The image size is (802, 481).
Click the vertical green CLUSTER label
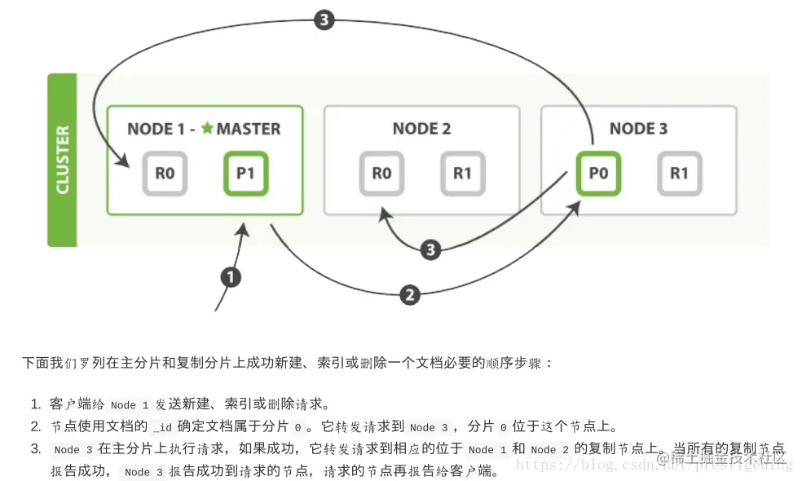(x=62, y=160)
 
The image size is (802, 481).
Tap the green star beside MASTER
(x=207, y=128)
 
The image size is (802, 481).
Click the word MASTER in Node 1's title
(x=248, y=128)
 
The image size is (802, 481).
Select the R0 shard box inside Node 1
(x=165, y=173)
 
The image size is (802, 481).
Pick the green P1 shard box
(x=245, y=173)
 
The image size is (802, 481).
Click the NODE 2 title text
(x=421, y=128)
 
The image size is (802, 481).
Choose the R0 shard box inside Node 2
(x=381, y=173)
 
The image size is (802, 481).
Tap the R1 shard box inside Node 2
(x=462, y=173)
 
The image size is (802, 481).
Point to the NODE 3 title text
(x=638, y=128)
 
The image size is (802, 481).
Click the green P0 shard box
(x=598, y=173)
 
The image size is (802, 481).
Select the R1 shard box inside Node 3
(x=679, y=173)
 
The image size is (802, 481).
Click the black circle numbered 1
(x=231, y=277)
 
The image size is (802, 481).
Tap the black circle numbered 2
(x=411, y=294)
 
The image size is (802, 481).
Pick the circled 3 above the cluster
(x=324, y=20)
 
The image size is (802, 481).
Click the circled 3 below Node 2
(x=431, y=249)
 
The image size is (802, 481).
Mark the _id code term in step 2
(x=162, y=427)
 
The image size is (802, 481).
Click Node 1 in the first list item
(x=130, y=405)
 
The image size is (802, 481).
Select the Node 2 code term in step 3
(x=549, y=449)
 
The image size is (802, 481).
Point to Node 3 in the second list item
(x=429, y=427)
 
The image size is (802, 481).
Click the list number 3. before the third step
(x=36, y=449)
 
